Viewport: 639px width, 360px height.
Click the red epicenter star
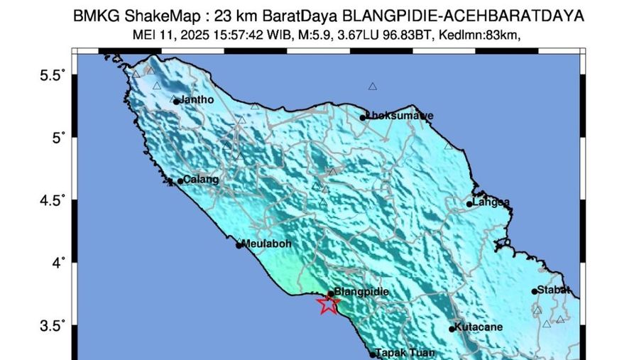pyautogui.click(x=327, y=305)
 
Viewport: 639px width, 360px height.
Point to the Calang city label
pyautogui.click(x=201, y=180)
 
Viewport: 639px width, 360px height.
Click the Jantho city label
pyautogui.click(x=197, y=100)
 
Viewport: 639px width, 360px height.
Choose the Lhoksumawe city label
pyautogui.click(x=390, y=116)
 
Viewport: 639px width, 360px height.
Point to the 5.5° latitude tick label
pyautogui.click(x=52, y=74)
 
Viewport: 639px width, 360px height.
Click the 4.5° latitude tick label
pyautogui.click(x=52, y=200)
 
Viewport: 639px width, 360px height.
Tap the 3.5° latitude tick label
pyautogui.click(x=52, y=326)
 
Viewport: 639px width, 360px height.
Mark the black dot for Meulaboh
pyautogui.click(x=239, y=245)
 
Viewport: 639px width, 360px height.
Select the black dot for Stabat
pyautogui.click(x=535, y=291)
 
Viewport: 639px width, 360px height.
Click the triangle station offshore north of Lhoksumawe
pyautogui.click(x=372, y=87)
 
